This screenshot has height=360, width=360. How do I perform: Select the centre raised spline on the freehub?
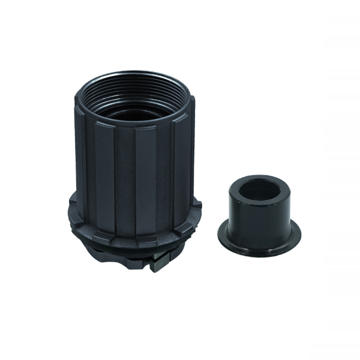click(146, 180)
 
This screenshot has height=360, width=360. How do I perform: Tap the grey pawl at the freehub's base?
click(160, 262)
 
